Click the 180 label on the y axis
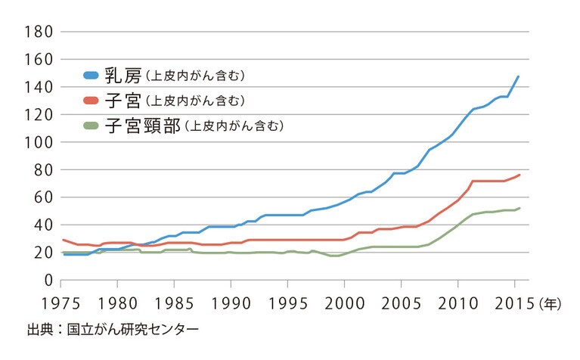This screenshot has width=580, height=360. pos(37,32)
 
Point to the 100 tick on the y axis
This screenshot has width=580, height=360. pos(37,142)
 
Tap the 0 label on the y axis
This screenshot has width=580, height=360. pos(46,281)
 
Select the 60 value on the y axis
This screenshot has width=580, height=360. pos(42,197)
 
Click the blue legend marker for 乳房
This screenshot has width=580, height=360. pos(91,75)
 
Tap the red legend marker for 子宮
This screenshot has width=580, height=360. pos(91,100)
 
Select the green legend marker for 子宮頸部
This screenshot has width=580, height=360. pos(91,126)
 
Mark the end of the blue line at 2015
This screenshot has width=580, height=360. pos(518,76)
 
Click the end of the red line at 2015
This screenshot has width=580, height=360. pos(519,175)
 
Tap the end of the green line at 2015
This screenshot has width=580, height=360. pos(519,208)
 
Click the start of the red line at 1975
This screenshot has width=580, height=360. pos(64,240)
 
